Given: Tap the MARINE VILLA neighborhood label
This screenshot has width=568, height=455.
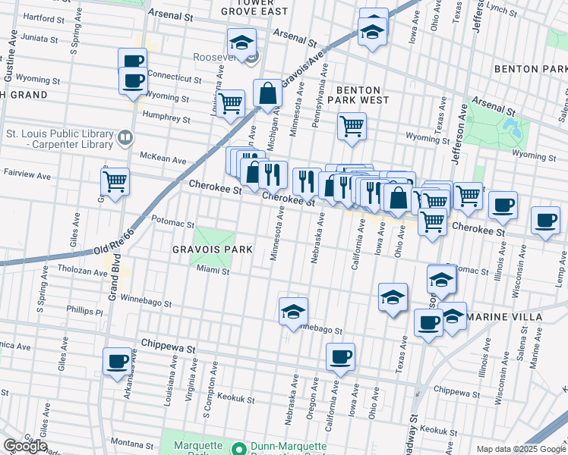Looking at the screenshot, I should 504,316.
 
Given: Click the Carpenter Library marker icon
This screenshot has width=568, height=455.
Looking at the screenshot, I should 125,138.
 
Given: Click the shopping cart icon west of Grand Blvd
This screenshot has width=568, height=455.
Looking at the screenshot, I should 115,181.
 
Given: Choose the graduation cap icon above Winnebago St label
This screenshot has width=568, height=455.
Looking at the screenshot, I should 293,310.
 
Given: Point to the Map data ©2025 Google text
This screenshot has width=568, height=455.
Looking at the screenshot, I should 520,449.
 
